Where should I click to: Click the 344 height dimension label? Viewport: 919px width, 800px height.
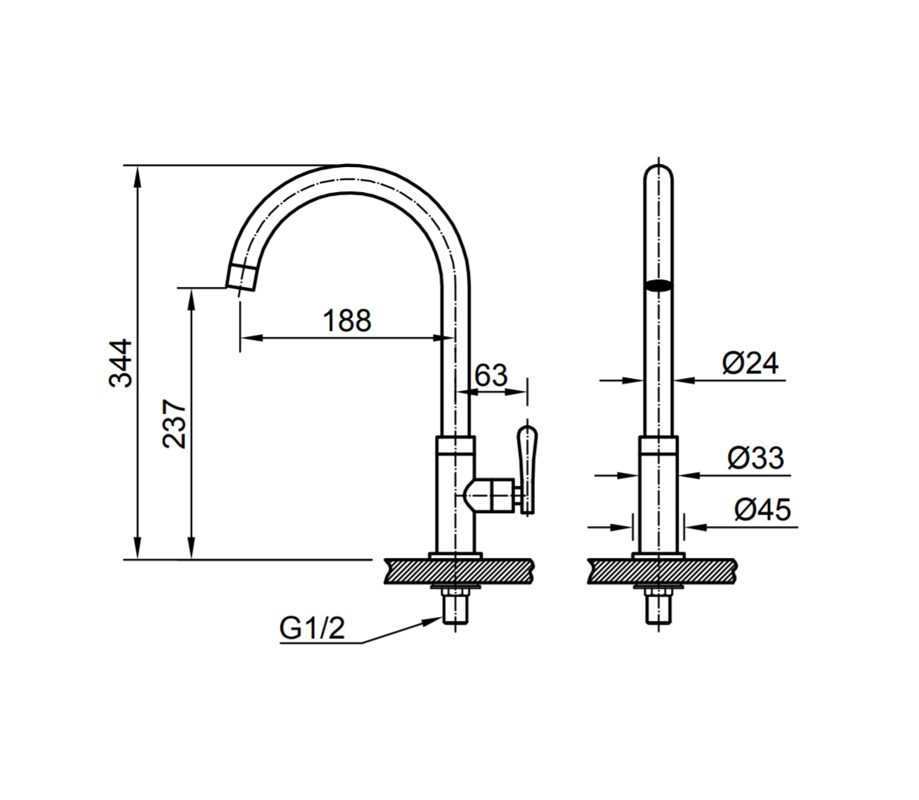[x=120, y=363]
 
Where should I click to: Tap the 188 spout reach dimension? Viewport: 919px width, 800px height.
[x=348, y=320]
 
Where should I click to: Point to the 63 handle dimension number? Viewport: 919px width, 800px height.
[x=490, y=375]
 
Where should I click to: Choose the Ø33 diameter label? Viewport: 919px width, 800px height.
[x=755, y=458]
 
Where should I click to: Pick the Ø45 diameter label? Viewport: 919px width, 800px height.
[x=762, y=509]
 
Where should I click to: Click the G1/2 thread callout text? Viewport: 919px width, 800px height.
[x=312, y=628]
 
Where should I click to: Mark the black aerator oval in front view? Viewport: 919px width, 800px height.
[x=658, y=286]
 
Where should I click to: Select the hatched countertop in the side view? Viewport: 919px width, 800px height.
[x=458, y=572]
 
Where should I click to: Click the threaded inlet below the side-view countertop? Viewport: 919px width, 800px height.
[x=455, y=609]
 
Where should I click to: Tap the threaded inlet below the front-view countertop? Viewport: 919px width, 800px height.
[x=658, y=609]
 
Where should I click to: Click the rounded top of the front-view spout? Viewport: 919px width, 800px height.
[x=658, y=170]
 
